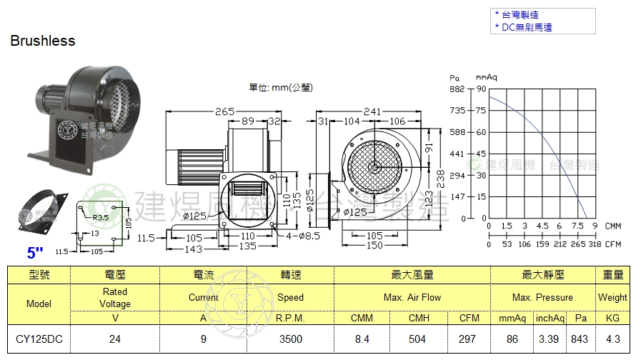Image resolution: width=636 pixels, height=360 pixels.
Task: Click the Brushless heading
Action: point(43,41)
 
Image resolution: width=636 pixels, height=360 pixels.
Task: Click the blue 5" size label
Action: point(36,252)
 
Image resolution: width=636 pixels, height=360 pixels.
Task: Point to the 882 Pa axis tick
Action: point(457,89)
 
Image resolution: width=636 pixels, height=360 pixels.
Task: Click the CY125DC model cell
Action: point(39,339)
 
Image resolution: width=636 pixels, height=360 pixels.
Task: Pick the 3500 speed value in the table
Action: point(290,339)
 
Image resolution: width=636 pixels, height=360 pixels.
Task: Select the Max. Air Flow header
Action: point(412,297)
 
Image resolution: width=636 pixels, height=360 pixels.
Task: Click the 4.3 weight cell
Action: point(612,339)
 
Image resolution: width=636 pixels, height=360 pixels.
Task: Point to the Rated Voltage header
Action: point(114,297)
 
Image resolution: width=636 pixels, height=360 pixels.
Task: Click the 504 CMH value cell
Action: point(419,339)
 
